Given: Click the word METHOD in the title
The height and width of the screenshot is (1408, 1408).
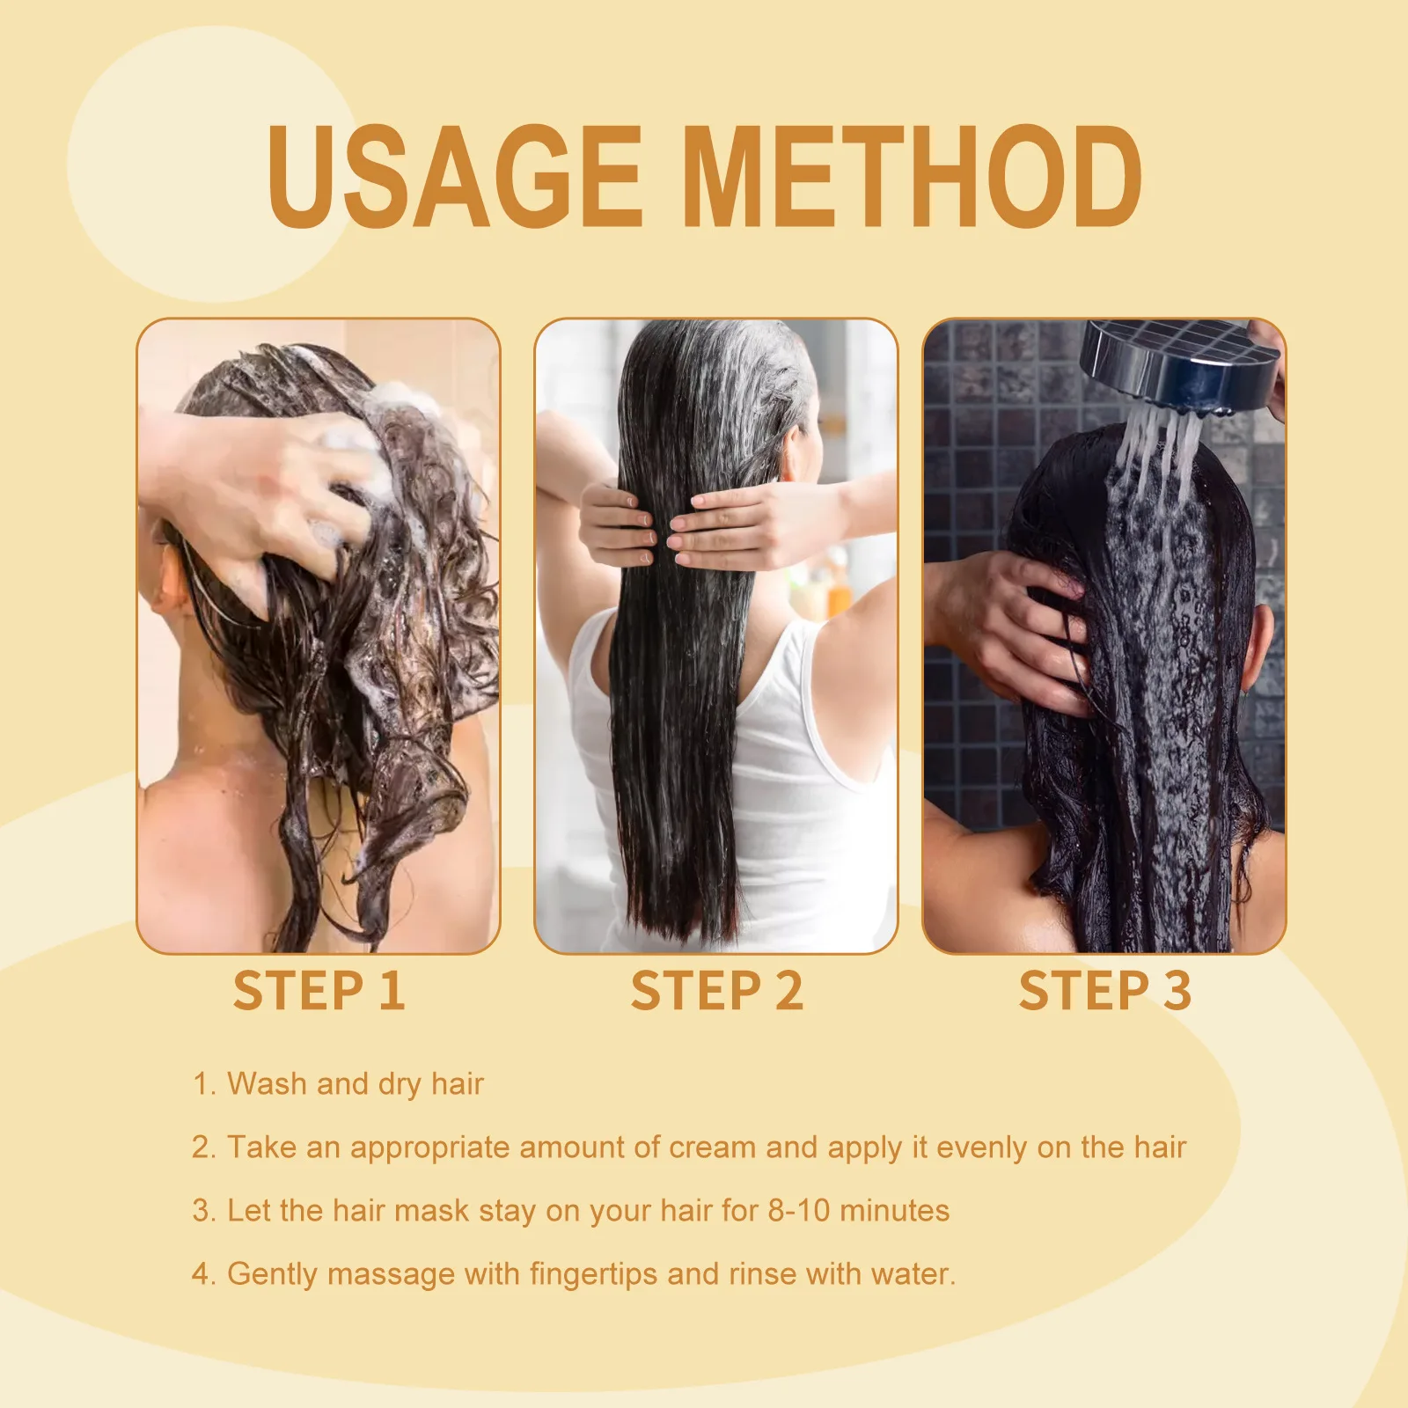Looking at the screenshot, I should coord(911,176).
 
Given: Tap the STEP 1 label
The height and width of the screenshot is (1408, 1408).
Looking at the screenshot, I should coord(319,991).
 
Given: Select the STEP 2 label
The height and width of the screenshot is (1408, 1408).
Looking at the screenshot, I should coord(716,991).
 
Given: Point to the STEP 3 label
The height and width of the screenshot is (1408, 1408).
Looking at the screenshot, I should coord(1104,991).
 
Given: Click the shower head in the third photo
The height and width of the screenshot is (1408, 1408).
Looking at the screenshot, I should coord(1179,361).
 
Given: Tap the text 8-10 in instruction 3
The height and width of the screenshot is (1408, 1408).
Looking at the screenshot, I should coord(798,1211).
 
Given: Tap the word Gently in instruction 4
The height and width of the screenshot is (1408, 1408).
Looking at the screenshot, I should coord(272,1274).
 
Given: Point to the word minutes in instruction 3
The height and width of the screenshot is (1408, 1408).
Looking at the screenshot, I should coord(894,1211).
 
